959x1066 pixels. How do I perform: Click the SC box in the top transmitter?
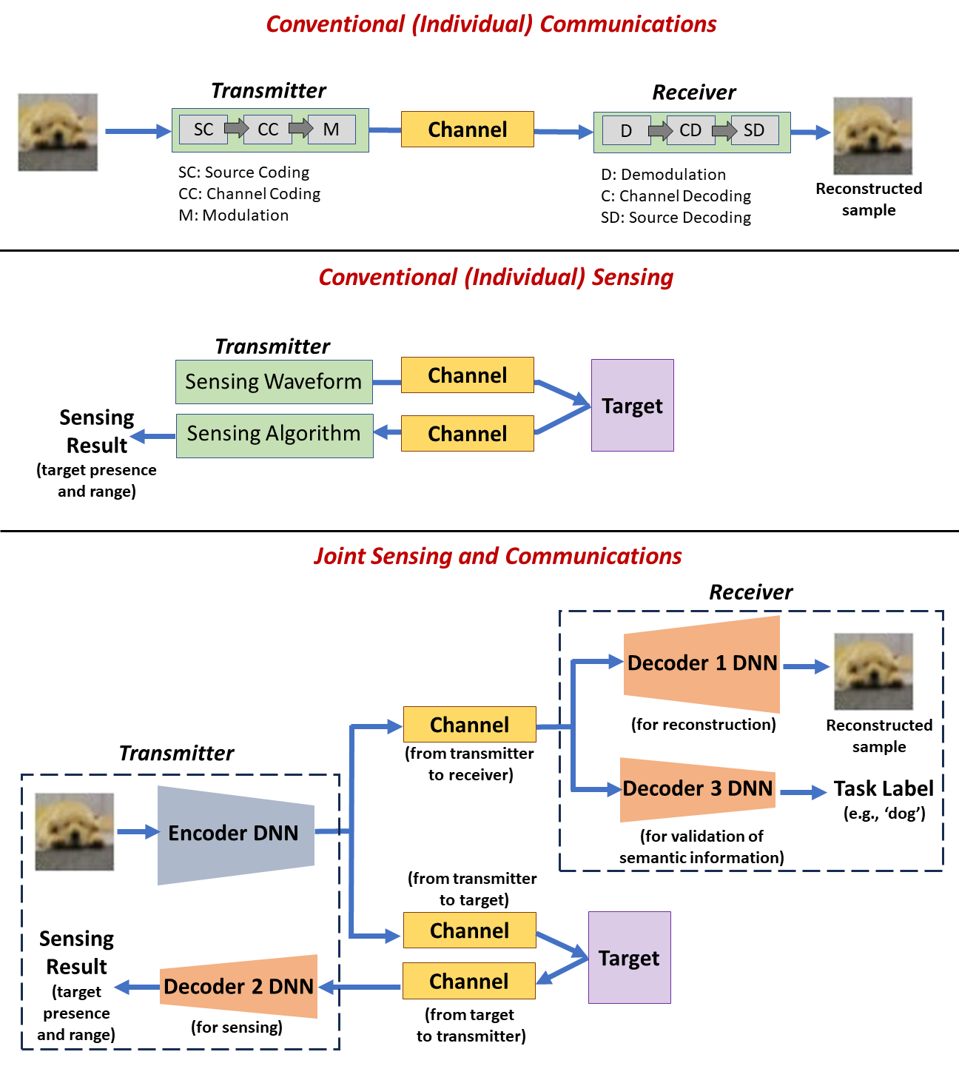point(203,130)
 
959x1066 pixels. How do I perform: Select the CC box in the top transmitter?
point(268,130)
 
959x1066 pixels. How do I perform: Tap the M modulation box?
point(331,130)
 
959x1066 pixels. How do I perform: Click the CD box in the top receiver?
point(690,131)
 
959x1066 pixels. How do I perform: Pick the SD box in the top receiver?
point(754,131)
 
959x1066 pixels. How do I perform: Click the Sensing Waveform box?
point(274,382)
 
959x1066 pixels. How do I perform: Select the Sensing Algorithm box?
point(274,435)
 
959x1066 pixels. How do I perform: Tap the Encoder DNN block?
point(234,834)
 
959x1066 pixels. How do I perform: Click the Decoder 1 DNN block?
point(701,663)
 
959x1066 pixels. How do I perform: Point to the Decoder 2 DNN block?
point(239,986)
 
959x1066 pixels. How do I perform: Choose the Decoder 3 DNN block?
point(697,789)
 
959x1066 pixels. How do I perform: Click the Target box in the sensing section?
point(632,406)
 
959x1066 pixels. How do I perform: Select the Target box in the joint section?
point(629,958)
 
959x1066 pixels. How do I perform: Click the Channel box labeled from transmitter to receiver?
point(469,725)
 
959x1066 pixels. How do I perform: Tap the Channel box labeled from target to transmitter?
point(468,981)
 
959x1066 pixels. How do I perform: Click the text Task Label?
point(884,789)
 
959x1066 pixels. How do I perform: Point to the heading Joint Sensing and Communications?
point(497,557)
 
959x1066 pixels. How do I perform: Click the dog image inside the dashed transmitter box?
point(75,831)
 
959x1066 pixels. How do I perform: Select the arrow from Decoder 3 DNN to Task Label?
point(802,792)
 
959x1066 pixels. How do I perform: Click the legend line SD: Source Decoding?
point(676,218)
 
